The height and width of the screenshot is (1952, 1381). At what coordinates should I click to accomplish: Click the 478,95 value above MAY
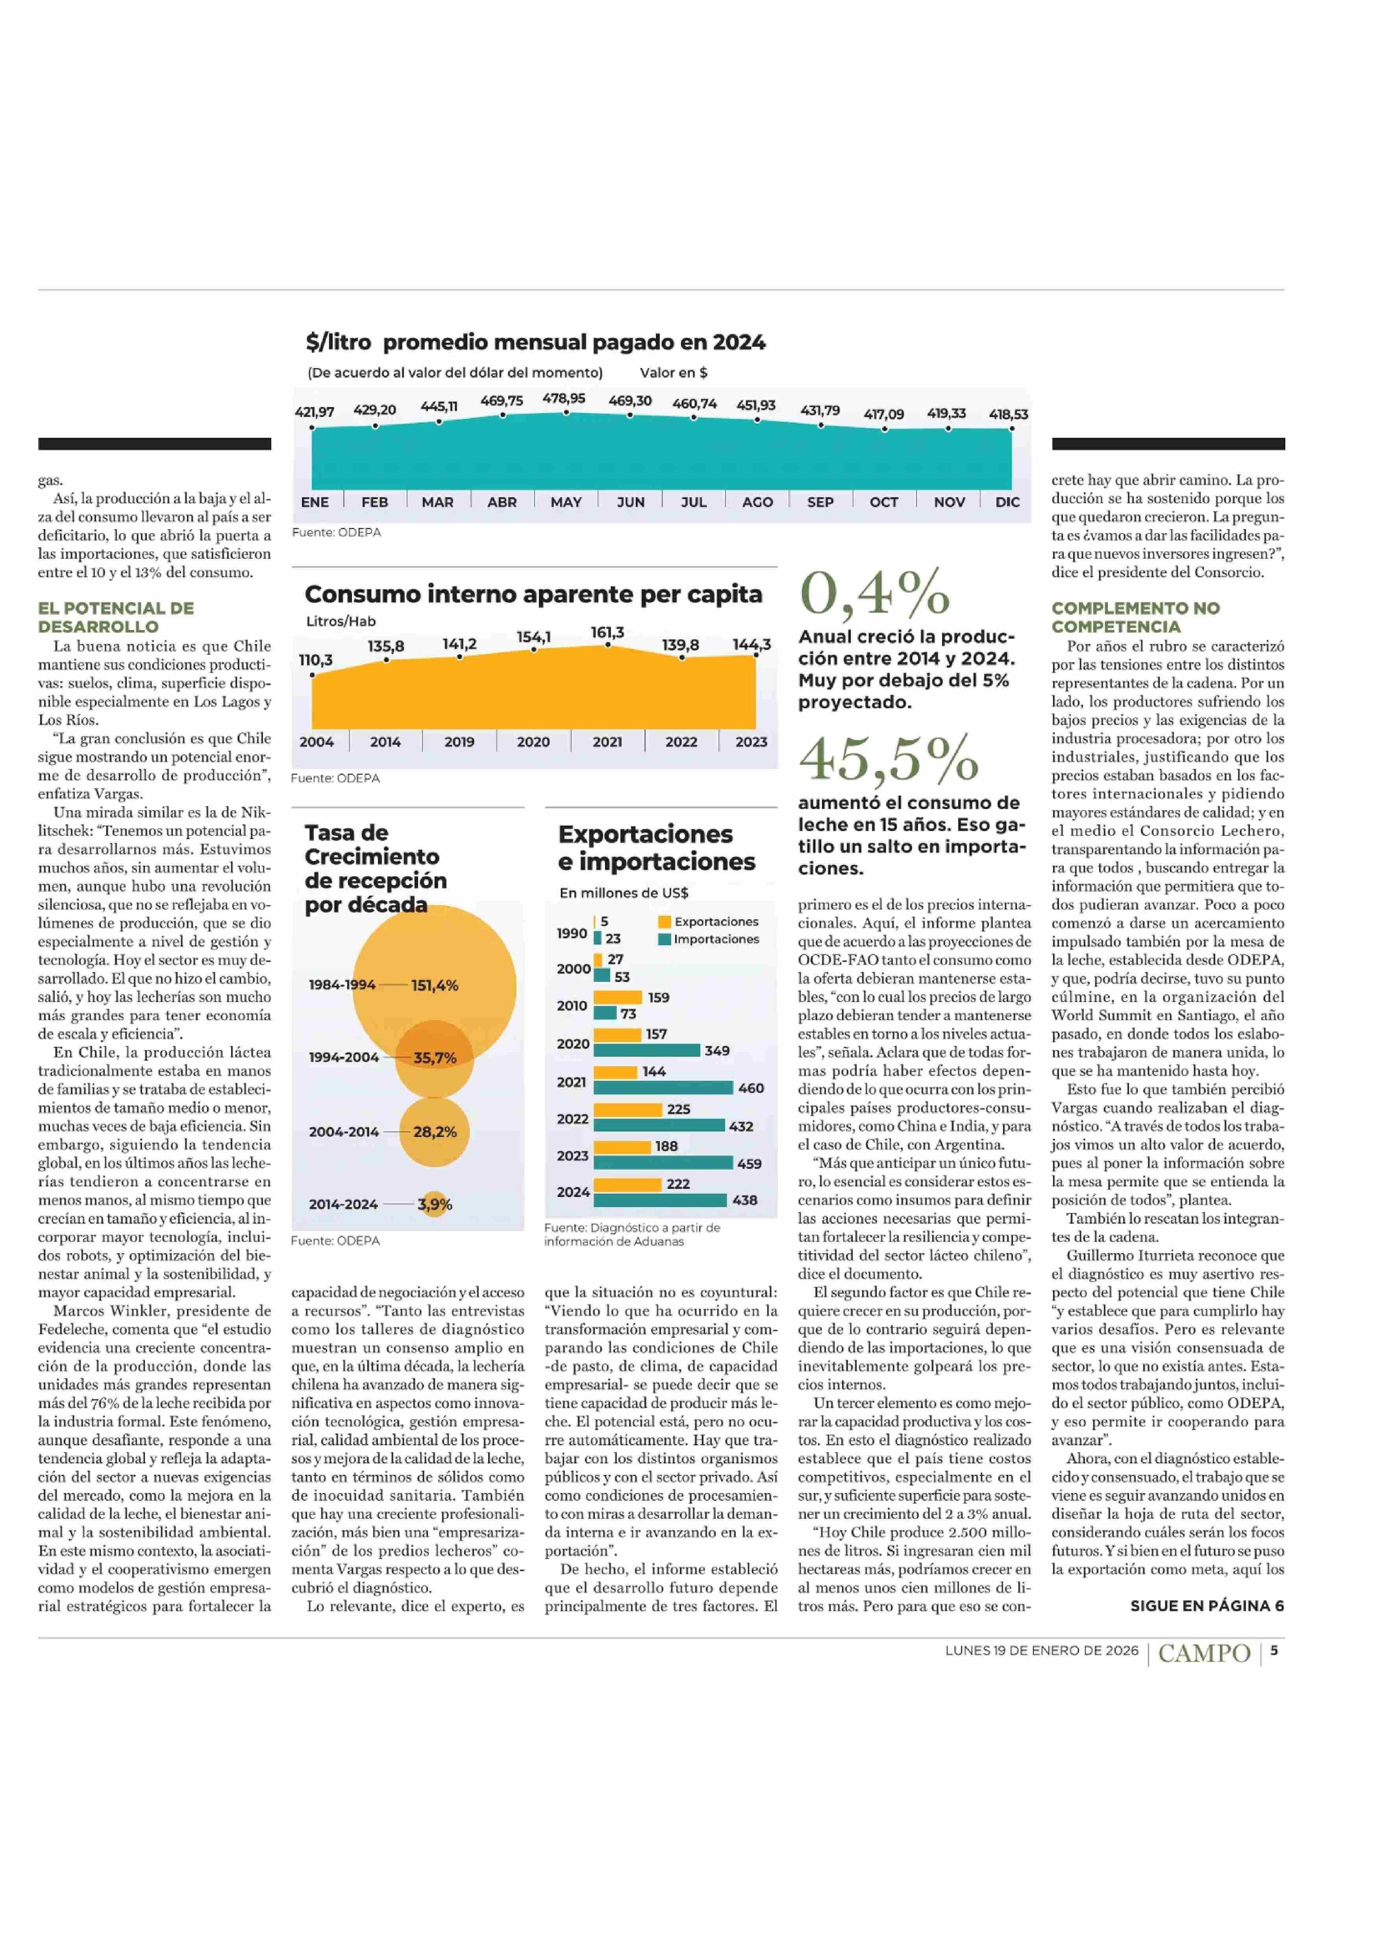564,398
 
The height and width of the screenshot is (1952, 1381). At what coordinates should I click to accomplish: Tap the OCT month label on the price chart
883,502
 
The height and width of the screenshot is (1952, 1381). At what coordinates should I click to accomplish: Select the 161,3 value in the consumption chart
607,633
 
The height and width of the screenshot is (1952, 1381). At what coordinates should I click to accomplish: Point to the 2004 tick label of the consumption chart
317,742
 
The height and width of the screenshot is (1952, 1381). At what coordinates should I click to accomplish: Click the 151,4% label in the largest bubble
435,985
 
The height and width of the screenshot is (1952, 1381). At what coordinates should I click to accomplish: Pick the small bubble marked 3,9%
435,1204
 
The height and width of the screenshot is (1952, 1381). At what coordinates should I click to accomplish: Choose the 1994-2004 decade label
344,1057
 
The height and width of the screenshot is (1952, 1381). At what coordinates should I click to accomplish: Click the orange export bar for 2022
628,1109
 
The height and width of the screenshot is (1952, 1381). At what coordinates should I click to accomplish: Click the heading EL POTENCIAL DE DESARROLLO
116,617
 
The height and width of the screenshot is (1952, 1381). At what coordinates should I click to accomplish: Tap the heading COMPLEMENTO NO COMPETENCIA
1135,617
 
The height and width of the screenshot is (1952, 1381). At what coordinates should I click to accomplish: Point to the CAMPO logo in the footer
1204,1653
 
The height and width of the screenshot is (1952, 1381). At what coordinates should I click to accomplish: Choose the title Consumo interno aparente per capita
533,594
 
